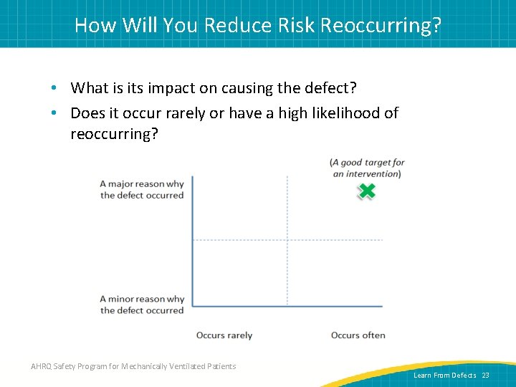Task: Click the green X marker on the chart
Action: [x=366, y=191]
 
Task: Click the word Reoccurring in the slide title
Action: [x=381, y=25]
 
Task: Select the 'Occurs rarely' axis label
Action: [x=224, y=335]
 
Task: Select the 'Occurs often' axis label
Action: [x=358, y=335]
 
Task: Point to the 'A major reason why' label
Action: [x=142, y=184]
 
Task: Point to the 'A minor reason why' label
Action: [x=142, y=300]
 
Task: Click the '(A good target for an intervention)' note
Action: [x=367, y=168]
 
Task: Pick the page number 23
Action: [x=485, y=376]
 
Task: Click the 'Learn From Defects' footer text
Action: [x=444, y=376]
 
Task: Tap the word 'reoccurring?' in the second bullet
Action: [x=114, y=134]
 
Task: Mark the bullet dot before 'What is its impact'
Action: [x=54, y=89]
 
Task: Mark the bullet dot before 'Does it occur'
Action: [x=54, y=113]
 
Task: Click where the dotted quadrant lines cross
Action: [x=287, y=239]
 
